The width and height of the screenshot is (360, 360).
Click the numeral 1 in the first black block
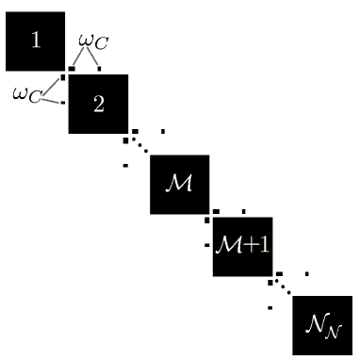click(x=36, y=41)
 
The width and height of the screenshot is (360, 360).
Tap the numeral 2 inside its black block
click(x=98, y=103)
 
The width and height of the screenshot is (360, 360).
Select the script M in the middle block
click(x=180, y=182)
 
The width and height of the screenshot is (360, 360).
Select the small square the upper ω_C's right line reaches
click(x=100, y=69)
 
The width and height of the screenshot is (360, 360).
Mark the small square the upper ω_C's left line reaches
click(x=73, y=69)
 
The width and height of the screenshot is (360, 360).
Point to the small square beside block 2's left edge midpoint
click(x=63, y=103)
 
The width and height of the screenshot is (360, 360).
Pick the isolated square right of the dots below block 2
click(x=163, y=131)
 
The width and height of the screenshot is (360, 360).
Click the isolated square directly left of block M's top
click(x=125, y=166)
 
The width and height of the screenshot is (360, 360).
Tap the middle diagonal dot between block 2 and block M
click(x=139, y=145)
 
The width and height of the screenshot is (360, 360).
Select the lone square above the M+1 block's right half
click(x=244, y=211)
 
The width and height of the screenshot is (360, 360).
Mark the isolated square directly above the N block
click(x=307, y=274)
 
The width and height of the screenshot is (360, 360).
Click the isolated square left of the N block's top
click(x=270, y=307)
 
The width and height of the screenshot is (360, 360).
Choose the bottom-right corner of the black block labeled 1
click(x=64, y=69)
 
